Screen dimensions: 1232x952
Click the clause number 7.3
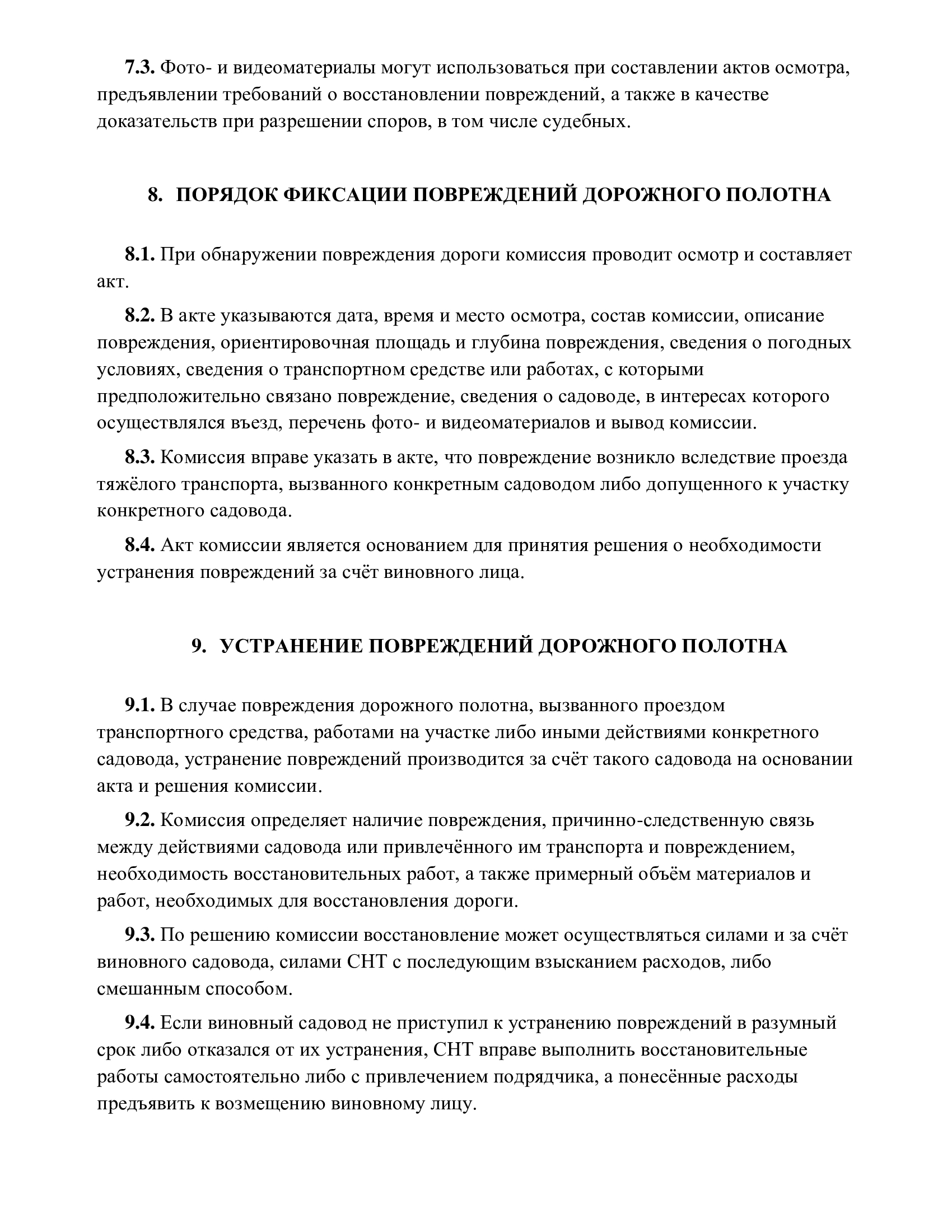[x=139, y=68]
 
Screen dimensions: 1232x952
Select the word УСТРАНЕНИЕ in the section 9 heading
[x=292, y=646]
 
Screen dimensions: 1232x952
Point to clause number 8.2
[x=139, y=316]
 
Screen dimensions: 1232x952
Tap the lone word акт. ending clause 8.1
[x=113, y=282]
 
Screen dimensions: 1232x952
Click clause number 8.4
[x=139, y=545]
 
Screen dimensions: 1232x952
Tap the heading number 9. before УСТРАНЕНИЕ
[x=199, y=646]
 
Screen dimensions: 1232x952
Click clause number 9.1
[x=139, y=705]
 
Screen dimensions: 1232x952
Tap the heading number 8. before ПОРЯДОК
[x=155, y=195]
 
